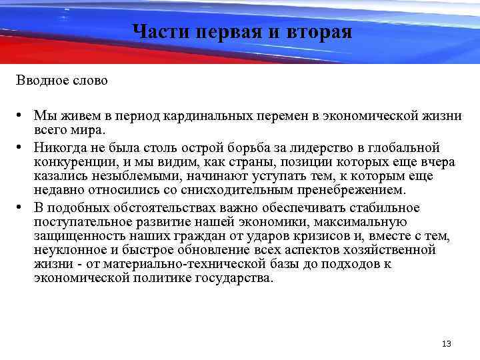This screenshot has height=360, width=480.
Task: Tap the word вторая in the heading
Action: click(316, 31)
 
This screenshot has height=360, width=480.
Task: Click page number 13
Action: click(446, 343)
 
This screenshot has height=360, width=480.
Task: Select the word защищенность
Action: click(77, 236)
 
